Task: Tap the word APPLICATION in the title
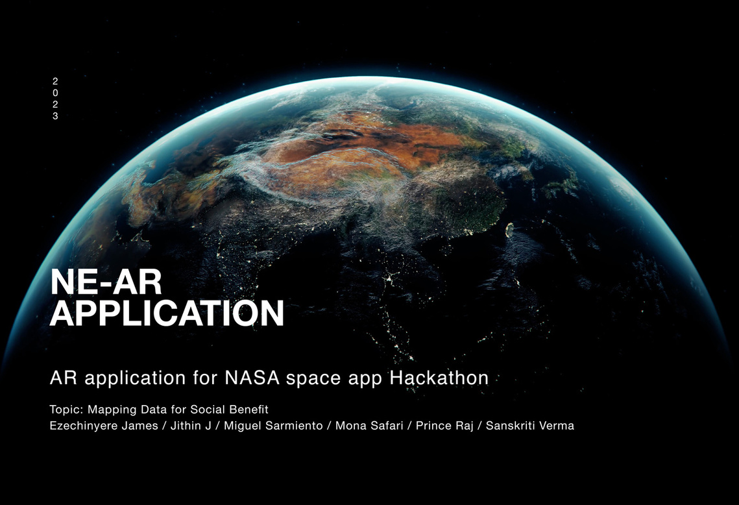(167, 312)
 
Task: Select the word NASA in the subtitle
(252, 378)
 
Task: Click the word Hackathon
(439, 378)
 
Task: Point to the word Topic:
(66, 410)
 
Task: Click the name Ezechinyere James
(104, 426)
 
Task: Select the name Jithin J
(191, 426)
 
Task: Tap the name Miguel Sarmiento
(273, 426)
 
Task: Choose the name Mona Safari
(369, 426)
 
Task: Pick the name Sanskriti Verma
(529, 426)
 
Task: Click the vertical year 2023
(55, 99)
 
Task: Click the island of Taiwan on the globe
(509, 230)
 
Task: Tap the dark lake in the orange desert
(341, 136)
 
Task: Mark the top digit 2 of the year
(55, 82)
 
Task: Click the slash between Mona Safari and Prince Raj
(409, 426)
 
